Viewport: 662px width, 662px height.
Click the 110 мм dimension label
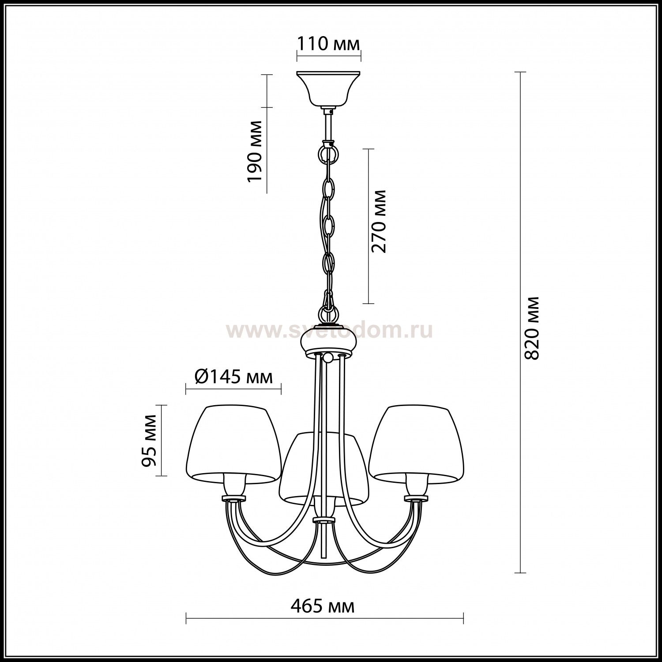point(328,44)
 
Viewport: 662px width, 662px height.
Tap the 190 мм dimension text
point(255,150)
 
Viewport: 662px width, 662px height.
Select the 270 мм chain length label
point(378,221)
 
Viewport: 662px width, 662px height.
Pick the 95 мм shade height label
point(149,440)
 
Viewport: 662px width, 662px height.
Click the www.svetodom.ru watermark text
point(329,330)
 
